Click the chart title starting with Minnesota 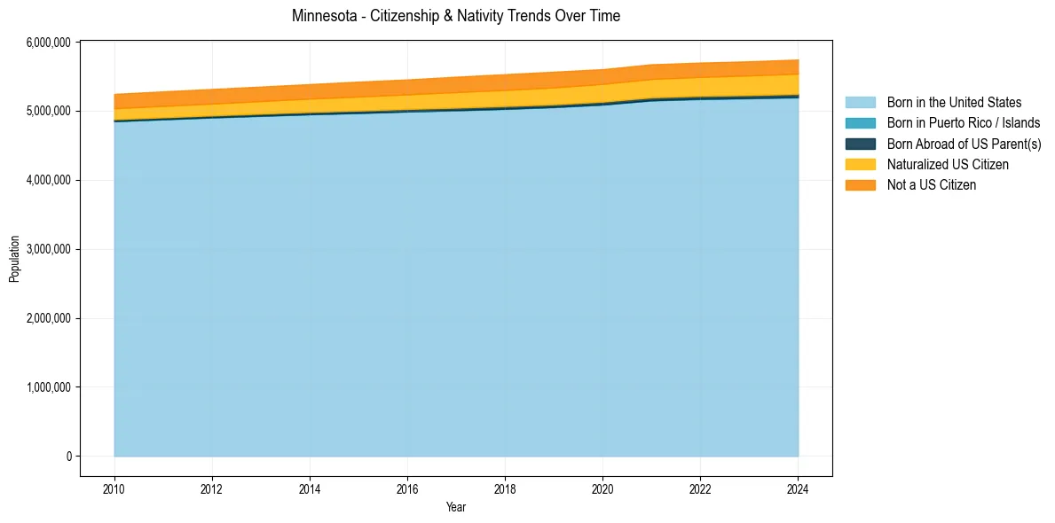[x=456, y=16]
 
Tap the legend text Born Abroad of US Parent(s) [x=964, y=144]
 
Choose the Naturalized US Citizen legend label [x=948, y=164]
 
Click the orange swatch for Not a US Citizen [x=860, y=184]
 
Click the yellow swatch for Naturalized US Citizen [x=860, y=164]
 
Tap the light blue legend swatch [x=860, y=103]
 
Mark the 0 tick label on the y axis [x=68, y=457]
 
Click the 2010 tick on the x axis [x=114, y=488]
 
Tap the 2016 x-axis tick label [x=407, y=488]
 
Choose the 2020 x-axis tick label [x=602, y=488]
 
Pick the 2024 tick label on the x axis [x=798, y=488]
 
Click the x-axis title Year [x=456, y=507]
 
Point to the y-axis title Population [x=14, y=258]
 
